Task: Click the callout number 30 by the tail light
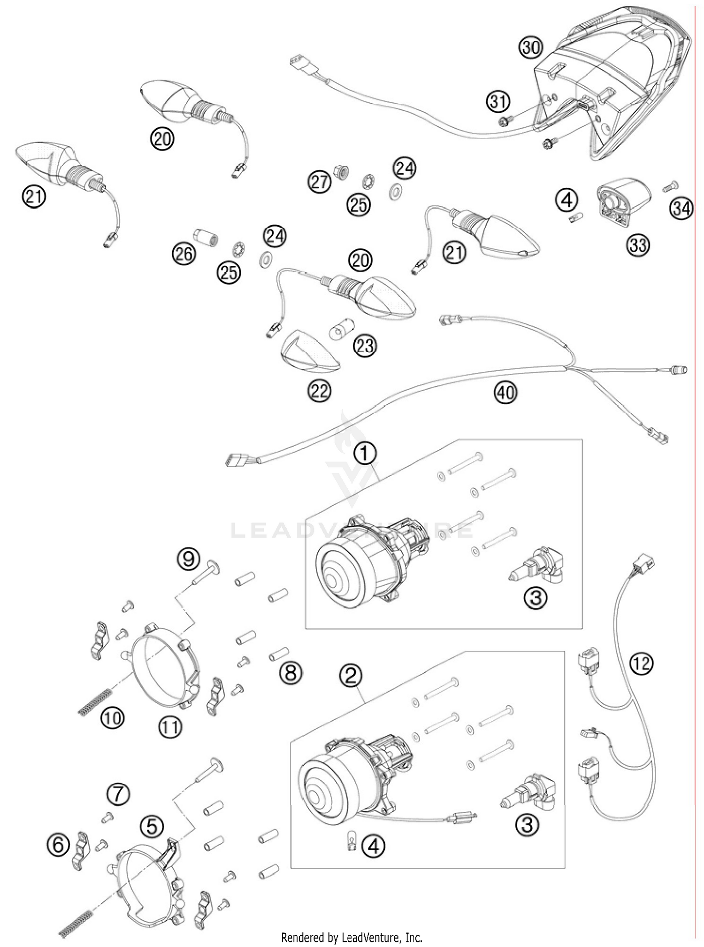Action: point(531,48)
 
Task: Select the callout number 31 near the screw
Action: point(498,101)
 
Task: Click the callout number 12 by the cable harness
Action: point(642,663)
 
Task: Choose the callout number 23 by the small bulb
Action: point(365,346)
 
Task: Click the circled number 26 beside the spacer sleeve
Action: point(184,254)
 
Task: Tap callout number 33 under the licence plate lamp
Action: point(638,245)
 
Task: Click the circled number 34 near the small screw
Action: point(681,208)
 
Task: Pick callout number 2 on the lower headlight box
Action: point(352,676)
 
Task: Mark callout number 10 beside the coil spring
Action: point(112,718)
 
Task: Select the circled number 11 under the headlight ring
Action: point(169,727)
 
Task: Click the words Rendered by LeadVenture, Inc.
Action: point(352,938)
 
